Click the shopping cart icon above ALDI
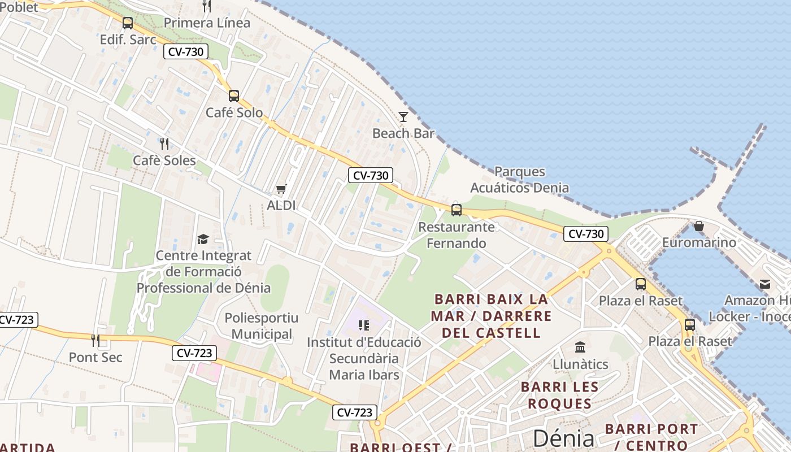click(x=281, y=189)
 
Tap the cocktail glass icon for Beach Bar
click(x=403, y=117)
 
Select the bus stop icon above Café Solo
click(x=233, y=96)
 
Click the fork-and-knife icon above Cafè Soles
click(x=164, y=144)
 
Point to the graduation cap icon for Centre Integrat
click(x=203, y=239)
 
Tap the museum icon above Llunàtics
click(x=580, y=347)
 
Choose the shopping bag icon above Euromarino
click(x=699, y=226)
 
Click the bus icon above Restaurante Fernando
click(x=457, y=210)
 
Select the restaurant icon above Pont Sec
click(x=95, y=340)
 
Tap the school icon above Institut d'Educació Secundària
click(x=364, y=325)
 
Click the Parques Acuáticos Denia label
click(x=519, y=180)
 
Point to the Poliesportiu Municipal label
click(x=262, y=326)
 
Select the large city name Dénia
click(x=563, y=438)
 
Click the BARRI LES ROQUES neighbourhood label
click(x=559, y=395)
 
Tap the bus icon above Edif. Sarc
click(x=128, y=23)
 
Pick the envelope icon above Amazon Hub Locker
click(x=765, y=284)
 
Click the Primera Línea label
click(x=207, y=23)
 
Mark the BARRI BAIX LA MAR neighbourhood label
click(x=490, y=315)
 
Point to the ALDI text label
click(x=281, y=205)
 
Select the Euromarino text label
click(x=699, y=242)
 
